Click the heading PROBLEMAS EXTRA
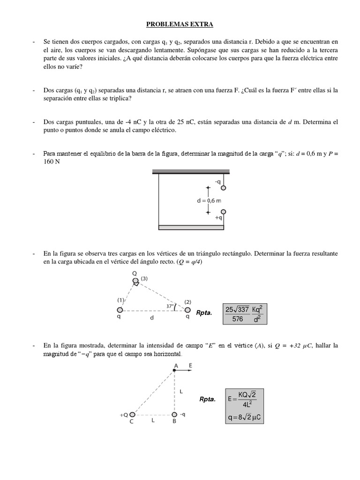coord(180,23)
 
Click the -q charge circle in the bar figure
coord(224,188)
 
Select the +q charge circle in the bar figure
coord(224,211)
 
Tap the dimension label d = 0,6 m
coord(209,200)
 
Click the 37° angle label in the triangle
coord(171,306)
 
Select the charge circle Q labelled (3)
coord(135,281)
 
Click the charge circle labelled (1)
coord(120,310)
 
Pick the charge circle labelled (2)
coord(187,310)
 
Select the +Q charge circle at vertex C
coord(133,415)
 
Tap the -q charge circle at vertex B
coord(174,415)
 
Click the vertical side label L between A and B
coord(180,390)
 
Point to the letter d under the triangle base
coord(152,317)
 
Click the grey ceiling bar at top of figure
coord(190,172)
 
